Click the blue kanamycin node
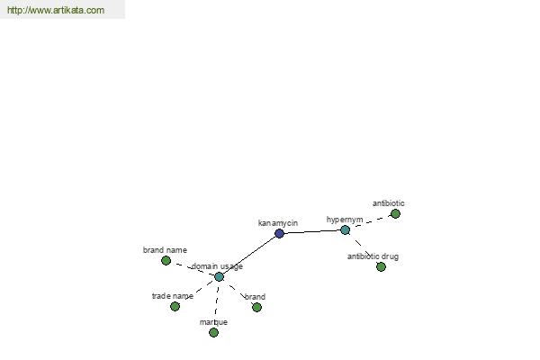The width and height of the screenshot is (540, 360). tap(279, 234)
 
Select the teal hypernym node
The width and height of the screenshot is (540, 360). tap(345, 229)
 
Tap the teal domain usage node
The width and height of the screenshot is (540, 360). tap(219, 276)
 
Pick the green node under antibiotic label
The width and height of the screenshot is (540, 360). tap(395, 214)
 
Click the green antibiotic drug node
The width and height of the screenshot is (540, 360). tap(381, 266)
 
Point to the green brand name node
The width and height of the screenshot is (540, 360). tap(166, 260)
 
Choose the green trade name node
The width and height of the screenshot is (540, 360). tap(175, 306)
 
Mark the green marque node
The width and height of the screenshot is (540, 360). tap(213, 332)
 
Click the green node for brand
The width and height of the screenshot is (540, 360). tap(256, 307)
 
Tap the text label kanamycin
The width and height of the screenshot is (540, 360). tap(278, 223)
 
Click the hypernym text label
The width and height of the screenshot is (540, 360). tap(345, 220)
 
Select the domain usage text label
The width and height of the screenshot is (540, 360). tap(217, 266)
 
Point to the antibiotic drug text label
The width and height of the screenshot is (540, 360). tap(373, 256)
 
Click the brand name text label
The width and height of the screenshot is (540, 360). tap(165, 250)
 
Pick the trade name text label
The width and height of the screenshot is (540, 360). tap(173, 296)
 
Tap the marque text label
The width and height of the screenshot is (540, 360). tap(213, 322)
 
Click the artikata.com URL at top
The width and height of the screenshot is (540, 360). tap(56, 10)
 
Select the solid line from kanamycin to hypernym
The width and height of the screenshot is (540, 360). tap(312, 231)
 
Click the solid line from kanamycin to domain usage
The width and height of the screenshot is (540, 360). tap(249, 255)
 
